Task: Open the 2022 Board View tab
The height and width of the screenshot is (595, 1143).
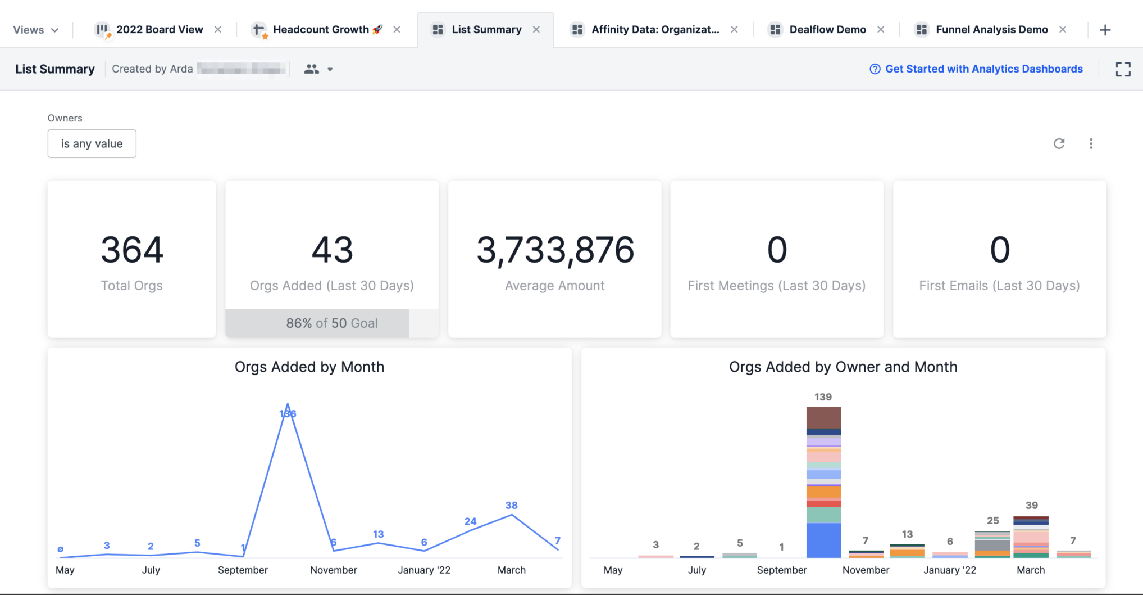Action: tap(159, 30)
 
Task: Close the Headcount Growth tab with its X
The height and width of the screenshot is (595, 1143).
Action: tap(397, 30)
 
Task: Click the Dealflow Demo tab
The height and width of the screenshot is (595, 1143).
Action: tap(827, 30)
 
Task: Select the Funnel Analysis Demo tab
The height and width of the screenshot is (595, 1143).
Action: tap(991, 30)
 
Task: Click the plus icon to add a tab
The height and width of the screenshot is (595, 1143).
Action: tap(1105, 30)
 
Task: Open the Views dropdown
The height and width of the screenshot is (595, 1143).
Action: tap(36, 30)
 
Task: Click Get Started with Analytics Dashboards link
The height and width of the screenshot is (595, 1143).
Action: tap(983, 69)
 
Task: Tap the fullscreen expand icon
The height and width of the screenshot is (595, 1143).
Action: tap(1123, 69)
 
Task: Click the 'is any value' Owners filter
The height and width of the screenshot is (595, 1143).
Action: tap(92, 144)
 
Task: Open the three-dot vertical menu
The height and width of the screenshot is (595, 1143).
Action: tap(1091, 144)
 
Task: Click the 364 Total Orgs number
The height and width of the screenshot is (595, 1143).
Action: tap(132, 250)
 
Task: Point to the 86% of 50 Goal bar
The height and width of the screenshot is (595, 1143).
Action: tap(331, 323)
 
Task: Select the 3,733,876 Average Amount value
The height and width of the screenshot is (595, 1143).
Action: tap(555, 250)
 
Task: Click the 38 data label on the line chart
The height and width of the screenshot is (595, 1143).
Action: tap(511, 505)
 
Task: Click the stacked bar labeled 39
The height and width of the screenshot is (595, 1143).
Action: tap(1031, 537)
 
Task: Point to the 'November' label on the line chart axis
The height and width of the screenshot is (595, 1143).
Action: tap(334, 570)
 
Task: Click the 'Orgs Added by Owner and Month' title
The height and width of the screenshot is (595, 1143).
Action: tap(843, 367)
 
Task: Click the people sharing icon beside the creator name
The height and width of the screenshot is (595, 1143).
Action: tap(312, 69)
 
